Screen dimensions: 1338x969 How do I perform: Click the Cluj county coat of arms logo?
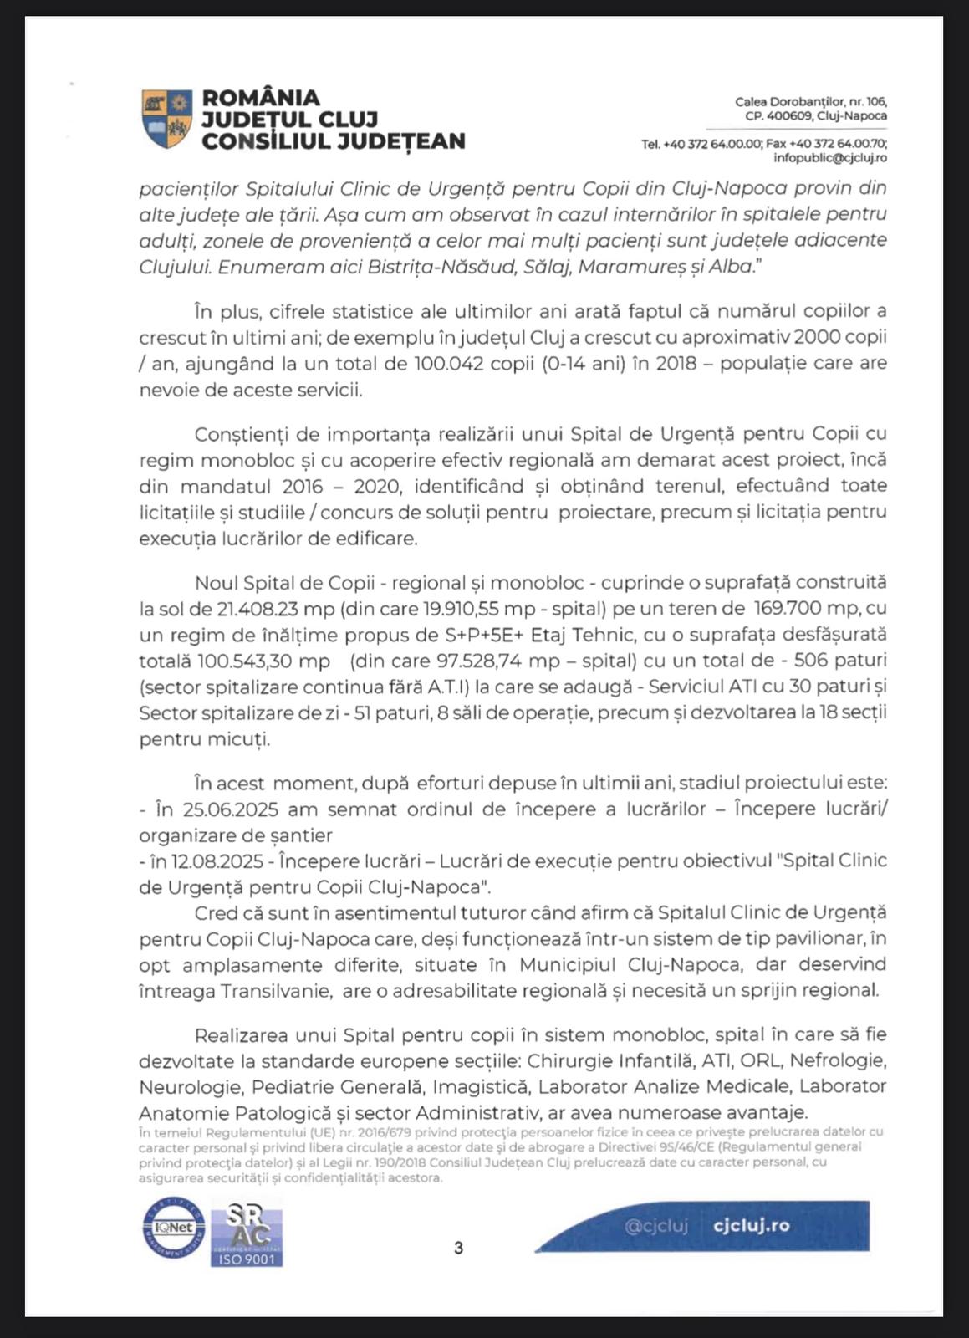167,119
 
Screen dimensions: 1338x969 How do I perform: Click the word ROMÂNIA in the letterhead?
261,99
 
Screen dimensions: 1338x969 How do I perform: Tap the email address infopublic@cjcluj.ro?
830,157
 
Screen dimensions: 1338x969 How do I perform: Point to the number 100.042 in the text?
452,364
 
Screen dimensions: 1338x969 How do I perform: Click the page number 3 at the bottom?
458,1248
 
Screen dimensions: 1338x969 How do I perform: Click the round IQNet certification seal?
172,1228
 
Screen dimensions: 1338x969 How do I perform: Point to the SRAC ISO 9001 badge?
246,1232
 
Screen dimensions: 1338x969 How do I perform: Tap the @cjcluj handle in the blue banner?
656,1226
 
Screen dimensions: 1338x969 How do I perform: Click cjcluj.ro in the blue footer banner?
752,1226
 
